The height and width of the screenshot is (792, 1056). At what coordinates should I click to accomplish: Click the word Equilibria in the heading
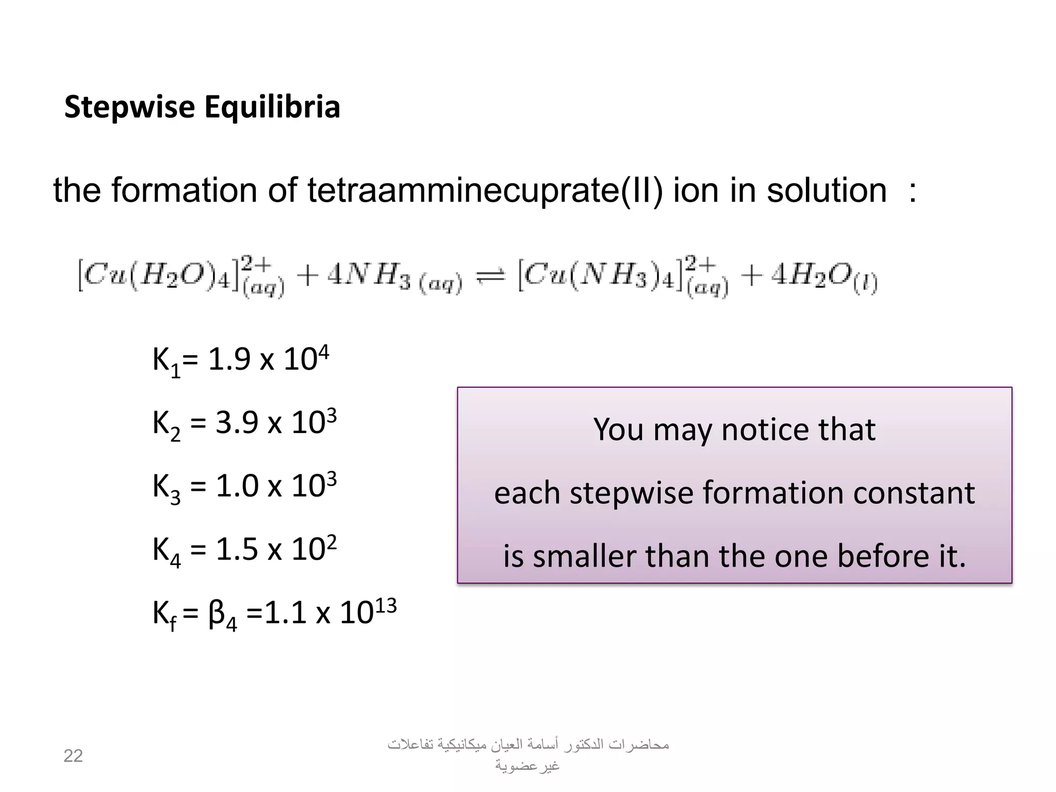click(272, 107)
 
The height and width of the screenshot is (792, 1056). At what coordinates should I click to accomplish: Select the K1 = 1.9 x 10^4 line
click(240, 360)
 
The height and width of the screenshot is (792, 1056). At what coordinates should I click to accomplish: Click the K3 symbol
click(167, 487)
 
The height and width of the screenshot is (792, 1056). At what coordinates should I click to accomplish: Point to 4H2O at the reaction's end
click(824, 278)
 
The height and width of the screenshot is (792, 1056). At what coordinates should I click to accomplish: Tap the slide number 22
click(73, 756)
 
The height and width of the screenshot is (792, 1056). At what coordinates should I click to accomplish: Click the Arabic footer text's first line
click(528, 745)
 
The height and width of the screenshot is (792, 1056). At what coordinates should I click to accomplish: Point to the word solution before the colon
click(826, 191)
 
